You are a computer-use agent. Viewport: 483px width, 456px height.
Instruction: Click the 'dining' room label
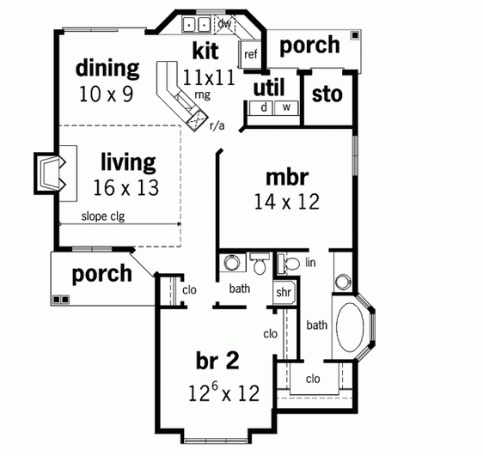tap(107, 70)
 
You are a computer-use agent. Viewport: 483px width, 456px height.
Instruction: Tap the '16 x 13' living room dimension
tap(126, 188)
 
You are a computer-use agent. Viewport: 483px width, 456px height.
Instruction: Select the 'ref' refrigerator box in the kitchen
tap(250, 54)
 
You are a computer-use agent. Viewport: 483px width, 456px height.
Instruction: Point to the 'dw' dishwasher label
tap(224, 23)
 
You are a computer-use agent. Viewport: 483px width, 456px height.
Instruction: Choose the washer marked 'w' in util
tap(286, 108)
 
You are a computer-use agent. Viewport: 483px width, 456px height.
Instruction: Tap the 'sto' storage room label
tap(327, 94)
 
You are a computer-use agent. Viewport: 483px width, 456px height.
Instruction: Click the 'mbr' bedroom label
tap(287, 178)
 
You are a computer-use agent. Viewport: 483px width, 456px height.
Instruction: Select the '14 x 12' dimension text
tap(287, 202)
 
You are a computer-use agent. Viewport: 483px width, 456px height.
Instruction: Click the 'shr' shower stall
tap(284, 293)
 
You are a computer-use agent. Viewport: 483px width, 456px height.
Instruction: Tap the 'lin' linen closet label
tap(310, 263)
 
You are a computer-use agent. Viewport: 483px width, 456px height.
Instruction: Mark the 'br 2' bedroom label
tap(217, 361)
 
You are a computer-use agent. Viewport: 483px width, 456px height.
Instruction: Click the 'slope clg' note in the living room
tap(103, 216)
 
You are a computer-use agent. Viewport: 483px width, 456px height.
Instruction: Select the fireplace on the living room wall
tap(50, 173)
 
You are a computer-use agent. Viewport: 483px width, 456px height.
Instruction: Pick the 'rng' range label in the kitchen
tap(203, 94)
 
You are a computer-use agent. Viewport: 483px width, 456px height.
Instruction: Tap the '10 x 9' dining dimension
tap(107, 94)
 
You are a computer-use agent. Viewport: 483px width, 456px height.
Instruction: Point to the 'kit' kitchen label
tap(205, 51)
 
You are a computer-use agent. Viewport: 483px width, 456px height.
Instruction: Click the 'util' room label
tap(269, 88)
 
